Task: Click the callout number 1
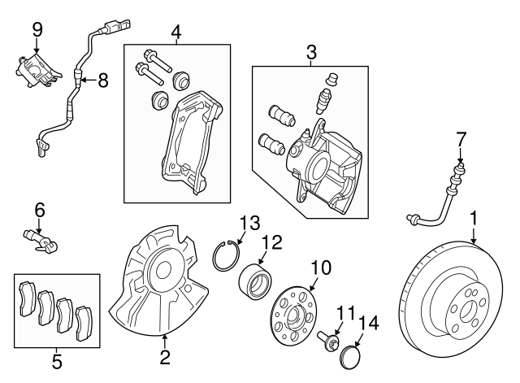tap(473, 219)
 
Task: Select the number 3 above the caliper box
tap(310, 52)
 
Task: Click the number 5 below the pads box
tap(56, 359)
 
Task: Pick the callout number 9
tap(37, 29)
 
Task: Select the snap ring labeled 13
tap(226, 255)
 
